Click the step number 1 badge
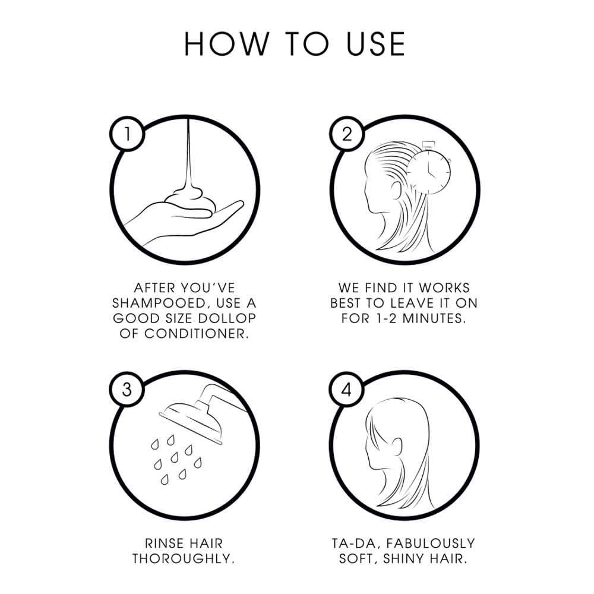[x=127, y=134]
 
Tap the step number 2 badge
[x=347, y=134]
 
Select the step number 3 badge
[x=127, y=389]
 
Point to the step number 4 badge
[x=346, y=389]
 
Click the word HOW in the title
[x=226, y=45]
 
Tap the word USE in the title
[x=376, y=45]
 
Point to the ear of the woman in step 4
[x=396, y=448]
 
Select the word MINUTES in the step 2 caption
[x=434, y=318]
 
